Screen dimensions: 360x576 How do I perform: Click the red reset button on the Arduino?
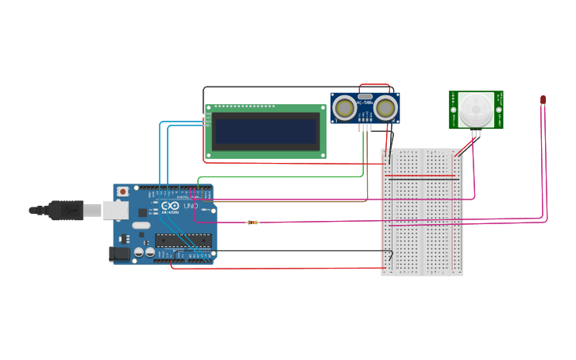122,192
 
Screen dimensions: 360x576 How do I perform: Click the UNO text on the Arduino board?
191,206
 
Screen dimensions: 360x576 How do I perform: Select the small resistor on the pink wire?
253,223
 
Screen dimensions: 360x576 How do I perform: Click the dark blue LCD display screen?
265,131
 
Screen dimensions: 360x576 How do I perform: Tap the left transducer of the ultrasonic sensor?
344,107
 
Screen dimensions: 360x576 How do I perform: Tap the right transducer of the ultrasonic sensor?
386,107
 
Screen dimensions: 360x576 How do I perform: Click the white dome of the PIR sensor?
476,106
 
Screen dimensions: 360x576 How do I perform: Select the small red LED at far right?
543,99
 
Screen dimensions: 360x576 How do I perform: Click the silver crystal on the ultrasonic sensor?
365,97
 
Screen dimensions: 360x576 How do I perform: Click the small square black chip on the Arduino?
143,212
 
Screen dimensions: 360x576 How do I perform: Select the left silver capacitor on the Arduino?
139,252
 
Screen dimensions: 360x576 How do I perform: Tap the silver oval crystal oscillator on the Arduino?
141,226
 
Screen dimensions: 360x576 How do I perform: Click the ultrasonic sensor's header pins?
365,127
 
